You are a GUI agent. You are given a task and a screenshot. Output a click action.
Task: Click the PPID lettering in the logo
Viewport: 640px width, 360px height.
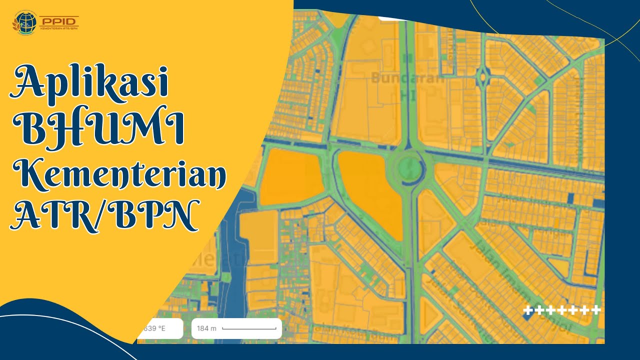pyautogui.click(x=58, y=20)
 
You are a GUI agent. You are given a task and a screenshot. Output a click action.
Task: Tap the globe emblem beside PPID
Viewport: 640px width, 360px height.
pyautogui.click(x=24, y=22)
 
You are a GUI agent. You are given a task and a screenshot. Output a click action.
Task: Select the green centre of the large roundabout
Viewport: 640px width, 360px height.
pyautogui.click(x=409, y=166)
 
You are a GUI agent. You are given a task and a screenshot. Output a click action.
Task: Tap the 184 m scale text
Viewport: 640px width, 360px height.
pyautogui.click(x=206, y=328)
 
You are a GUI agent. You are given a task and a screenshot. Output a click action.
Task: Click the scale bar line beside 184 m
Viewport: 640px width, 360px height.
pyautogui.click(x=249, y=329)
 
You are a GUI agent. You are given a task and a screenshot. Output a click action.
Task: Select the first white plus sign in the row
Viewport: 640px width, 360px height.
pyautogui.click(x=528, y=310)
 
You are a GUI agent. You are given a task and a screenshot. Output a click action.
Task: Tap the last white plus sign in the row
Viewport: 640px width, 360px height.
pyautogui.click(x=595, y=310)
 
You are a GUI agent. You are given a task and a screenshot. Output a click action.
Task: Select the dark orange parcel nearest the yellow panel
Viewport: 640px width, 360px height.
pyautogui.click(x=289, y=177)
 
